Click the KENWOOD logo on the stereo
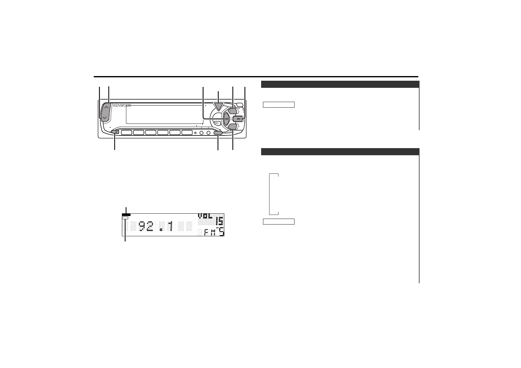122,105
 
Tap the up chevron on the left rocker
106,107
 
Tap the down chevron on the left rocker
105,118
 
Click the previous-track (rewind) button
226,119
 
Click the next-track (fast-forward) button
238,119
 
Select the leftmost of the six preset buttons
127,132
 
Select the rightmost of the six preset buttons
187,132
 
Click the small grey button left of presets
115,132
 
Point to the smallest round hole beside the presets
196,133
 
